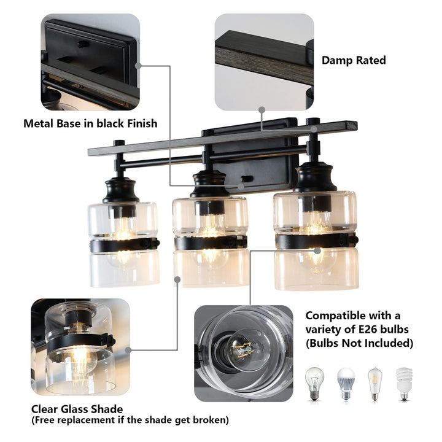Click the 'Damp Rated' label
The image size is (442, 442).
354,60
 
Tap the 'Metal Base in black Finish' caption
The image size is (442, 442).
90,123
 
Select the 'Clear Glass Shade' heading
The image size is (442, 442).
77,409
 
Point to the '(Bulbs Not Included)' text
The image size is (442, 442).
359,343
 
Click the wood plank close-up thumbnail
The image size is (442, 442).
264,62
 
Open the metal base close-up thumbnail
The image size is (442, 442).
90,62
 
